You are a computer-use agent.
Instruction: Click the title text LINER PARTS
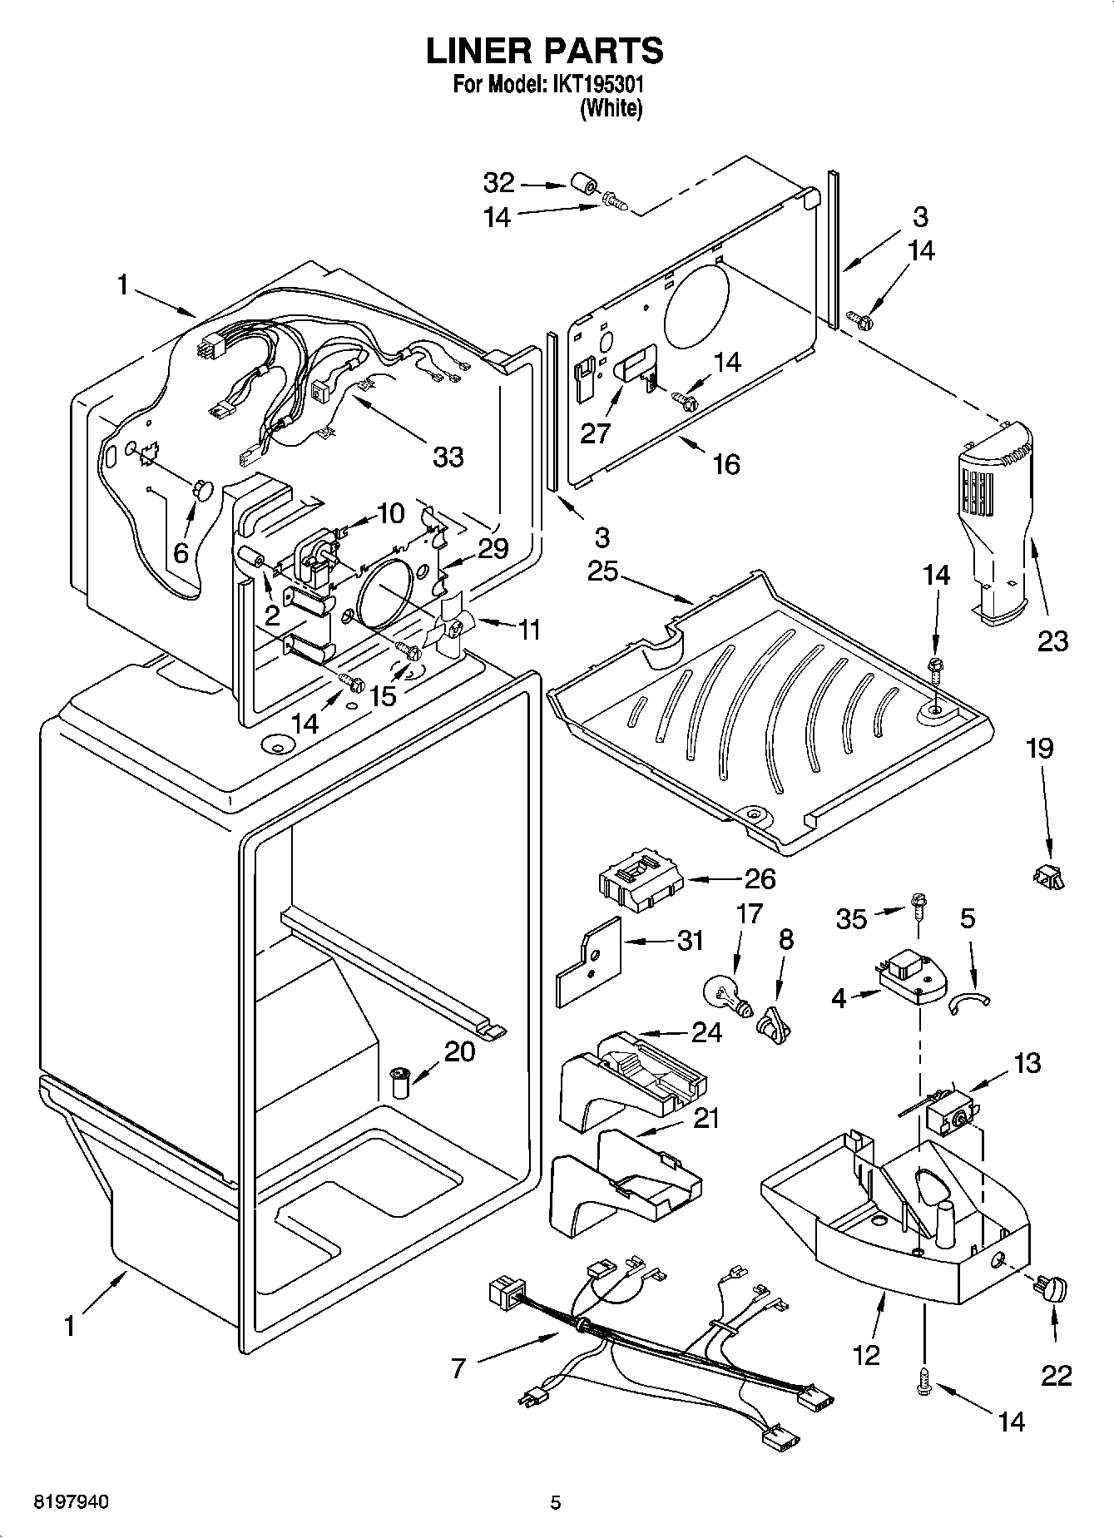click(x=545, y=51)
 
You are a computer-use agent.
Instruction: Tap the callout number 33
click(x=447, y=456)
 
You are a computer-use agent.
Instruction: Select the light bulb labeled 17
click(x=725, y=994)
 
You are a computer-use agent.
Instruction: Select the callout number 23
click(x=1052, y=640)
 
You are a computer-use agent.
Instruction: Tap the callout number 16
click(x=725, y=464)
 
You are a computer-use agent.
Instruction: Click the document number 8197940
click(x=71, y=1502)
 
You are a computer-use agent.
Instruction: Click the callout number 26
click(x=760, y=878)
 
